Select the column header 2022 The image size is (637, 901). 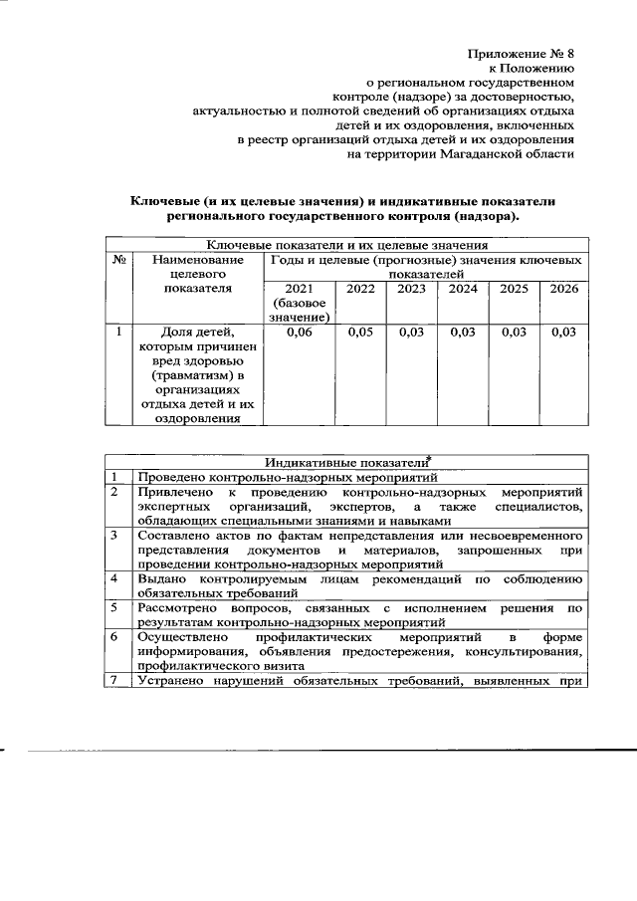[x=360, y=289]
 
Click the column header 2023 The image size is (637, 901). [x=411, y=289]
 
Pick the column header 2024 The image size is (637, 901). [x=462, y=289]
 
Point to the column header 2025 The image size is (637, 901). [x=513, y=289]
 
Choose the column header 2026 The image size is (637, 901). [x=562, y=289]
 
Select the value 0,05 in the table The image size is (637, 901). [x=360, y=333]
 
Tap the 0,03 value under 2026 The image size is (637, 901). [x=562, y=333]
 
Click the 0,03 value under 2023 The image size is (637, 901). [x=411, y=333]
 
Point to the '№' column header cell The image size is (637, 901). [x=118, y=259]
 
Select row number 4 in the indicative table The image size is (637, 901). [x=117, y=577]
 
